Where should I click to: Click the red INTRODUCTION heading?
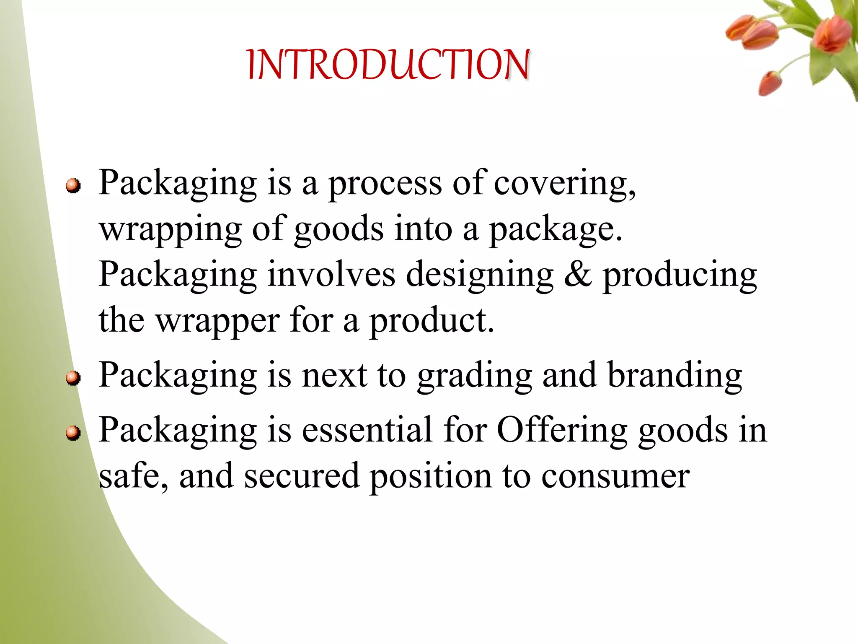coord(388,65)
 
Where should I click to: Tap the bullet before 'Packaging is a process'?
coord(73,185)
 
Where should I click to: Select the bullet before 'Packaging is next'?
coord(73,377)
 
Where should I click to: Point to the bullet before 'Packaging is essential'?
coord(73,432)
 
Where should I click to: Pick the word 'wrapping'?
coord(170,230)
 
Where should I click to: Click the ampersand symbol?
coord(578,275)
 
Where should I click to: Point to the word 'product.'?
coord(432,321)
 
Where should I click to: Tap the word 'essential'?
coord(367,430)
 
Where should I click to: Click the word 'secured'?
coord(302,476)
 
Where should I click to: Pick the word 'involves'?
coord(331,275)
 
